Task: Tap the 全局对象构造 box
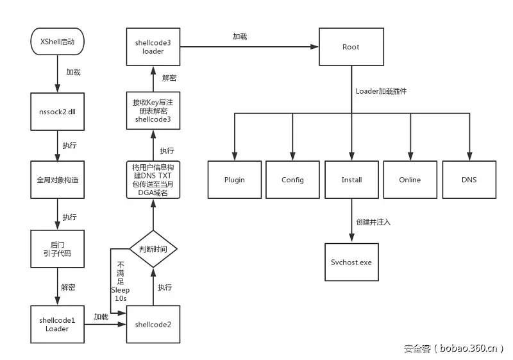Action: point(58,180)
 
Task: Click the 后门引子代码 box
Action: point(58,248)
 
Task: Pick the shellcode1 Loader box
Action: point(58,324)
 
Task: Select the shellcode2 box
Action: point(153,324)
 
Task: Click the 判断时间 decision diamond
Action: point(153,249)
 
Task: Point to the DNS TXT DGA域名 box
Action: point(153,180)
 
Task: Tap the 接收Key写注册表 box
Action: point(153,110)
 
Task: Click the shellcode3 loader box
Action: point(153,47)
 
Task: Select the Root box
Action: point(351,47)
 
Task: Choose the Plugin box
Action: point(234,180)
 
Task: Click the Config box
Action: point(292,180)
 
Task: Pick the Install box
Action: point(351,180)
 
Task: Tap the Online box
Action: point(410,180)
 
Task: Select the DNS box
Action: point(469,180)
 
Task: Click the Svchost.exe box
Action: point(351,262)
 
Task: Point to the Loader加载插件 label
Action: point(381,91)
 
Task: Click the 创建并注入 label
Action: point(373,221)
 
